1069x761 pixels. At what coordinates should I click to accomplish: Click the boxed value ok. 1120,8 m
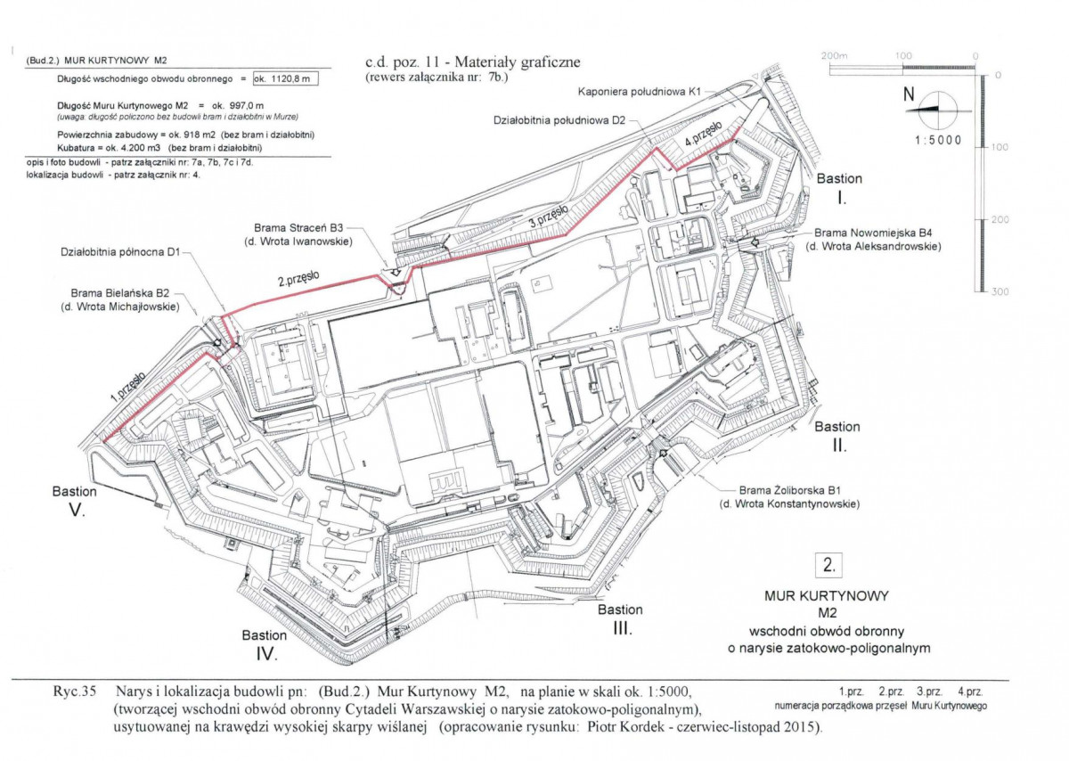(x=286, y=78)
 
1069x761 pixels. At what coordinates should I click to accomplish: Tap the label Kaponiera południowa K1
(x=639, y=92)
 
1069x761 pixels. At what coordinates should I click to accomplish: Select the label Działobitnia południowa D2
(x=559, y=120)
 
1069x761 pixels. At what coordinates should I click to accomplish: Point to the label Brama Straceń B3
(x=298, y=228)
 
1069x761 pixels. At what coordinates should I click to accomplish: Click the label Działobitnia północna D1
(x=119, y=251)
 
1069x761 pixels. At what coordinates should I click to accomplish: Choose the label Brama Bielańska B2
(x=119, y=292)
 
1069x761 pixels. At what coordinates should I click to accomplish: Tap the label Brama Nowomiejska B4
(x=873, y=233)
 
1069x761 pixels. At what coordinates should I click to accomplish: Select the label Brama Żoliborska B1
(x=789, y=490)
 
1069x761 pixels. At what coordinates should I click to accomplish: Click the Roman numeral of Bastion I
(x=842, y=198)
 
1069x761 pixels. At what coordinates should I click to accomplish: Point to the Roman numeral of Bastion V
(x=77, y=511)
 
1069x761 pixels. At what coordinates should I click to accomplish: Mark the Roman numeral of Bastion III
(x=623, y=628)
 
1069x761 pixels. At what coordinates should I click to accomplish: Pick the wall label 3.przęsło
(x=549, y=216)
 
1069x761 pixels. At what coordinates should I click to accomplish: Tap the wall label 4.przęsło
(x=703, y=134)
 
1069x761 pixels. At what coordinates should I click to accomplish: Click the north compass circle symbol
(x=938, y=110)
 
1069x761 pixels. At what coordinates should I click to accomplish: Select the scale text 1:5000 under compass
(x=938, y=141)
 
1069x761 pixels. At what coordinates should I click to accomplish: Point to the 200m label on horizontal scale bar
(x=834, y=56)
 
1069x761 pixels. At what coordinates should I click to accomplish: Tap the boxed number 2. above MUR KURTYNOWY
(x=829, y=565)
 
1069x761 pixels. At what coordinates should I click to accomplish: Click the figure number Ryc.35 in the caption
(x=75, y=691)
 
